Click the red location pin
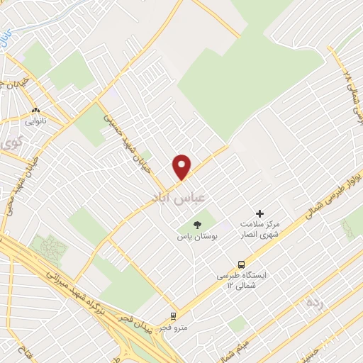[182, 166]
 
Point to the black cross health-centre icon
[260, 213]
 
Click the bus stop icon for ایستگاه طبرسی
[242, 262]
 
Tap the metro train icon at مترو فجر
[173, 317]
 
